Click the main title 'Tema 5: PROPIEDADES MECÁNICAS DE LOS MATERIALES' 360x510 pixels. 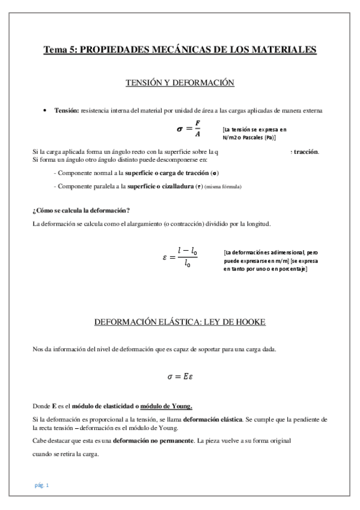[x=180, y=51]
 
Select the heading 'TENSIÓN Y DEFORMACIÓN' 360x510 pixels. [x=180, y=83]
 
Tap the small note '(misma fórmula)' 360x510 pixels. [x=223, y=187]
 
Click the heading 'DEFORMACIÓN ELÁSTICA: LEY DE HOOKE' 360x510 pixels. [x=180, y=322]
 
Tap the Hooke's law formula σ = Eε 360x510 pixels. [x=180, y=376]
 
